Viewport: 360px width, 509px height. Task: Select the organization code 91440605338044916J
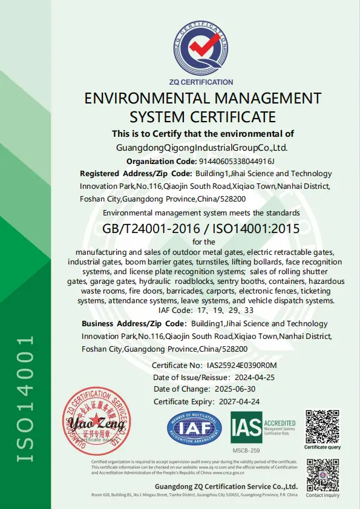click(237, 161)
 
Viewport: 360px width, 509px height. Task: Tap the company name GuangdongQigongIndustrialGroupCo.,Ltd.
click(201, 147)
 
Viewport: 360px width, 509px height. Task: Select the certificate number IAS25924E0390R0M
click(241, 366)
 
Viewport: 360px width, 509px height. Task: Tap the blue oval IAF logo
click(194, 429)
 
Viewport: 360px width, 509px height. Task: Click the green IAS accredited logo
click(263, 427)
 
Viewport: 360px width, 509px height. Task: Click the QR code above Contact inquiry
click(322, 474)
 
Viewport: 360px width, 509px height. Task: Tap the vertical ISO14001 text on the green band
click(24, 399)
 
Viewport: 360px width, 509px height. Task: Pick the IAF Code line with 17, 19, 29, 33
click(205, 310)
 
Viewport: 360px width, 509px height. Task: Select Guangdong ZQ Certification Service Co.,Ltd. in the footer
click(226, 486)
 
